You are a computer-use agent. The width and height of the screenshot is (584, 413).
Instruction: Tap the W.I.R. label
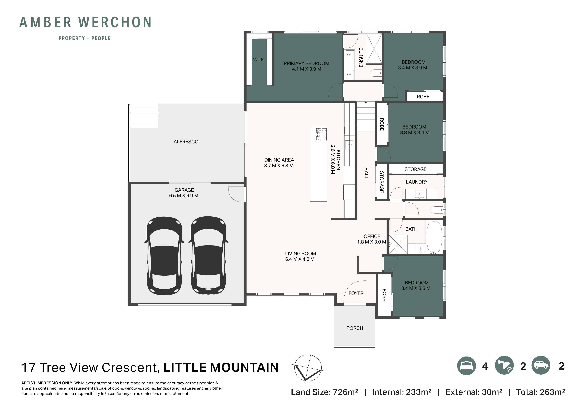pyautogui.click(x=259, y=60)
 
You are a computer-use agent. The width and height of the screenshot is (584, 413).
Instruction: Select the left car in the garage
pyautogui.click(x=164, y=256)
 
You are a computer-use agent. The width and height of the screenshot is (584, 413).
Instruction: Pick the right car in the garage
pyautogui.click(x=208, y=256)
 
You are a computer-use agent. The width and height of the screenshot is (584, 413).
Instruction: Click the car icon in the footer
pyautogui.click(x=541, y=365)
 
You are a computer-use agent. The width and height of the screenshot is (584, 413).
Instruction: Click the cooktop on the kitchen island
pyautogui.click(x=321, y=134)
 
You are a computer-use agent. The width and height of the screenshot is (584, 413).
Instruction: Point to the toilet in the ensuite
pyautogui.click(x=376, y=73)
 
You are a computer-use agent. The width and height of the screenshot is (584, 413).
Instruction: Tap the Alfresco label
pyautogui.click(x=186, y=142)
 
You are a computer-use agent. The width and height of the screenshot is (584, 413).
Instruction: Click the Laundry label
pyautogui.click(x=417, y=182)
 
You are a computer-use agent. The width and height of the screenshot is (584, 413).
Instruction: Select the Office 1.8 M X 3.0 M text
pyautogui.click(x=372, y=239)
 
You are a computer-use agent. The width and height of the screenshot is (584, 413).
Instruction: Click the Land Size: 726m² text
pyautogui.click(x=324, y=392)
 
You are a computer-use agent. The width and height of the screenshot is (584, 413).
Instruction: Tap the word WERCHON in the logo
pyautogui.click(x=115, y=22)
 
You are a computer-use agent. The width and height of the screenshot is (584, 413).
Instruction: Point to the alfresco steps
pyautogui.click(x=144, y=115)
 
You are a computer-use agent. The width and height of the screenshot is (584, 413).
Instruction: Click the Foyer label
pyautogui.click(x=356, y=293)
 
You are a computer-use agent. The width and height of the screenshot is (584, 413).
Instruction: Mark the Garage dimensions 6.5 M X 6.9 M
pyautogui.click(x=184, y=196)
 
